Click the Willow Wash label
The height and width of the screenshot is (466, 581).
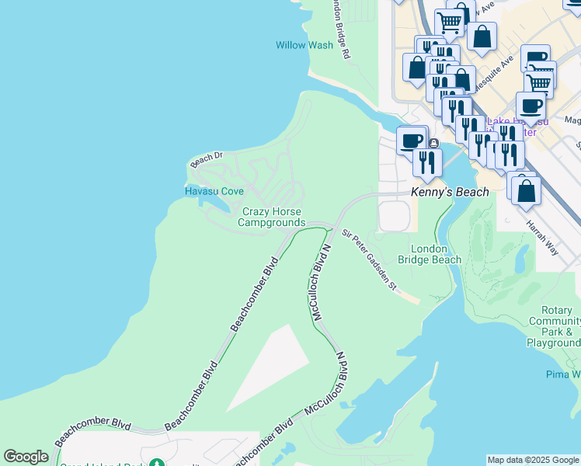(x=304, y=45)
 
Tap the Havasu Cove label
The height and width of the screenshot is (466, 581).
(x=214, y=191)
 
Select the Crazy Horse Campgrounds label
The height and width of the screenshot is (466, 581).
(x=271, y=217)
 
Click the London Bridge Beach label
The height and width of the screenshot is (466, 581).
(x=430, y=254)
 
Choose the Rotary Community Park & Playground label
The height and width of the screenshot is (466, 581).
(x=554, y=326)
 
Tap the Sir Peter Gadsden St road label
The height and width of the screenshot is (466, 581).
(x=370, y=260)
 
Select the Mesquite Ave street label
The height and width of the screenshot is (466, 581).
(x=495, y=71)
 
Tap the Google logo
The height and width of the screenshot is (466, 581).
(x=26, y=457)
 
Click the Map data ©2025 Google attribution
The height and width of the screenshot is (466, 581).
(x=533, y=460)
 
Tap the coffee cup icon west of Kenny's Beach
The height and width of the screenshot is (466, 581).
(x=412, y=141)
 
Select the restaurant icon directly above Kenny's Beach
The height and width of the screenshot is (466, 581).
(x=427, y=162)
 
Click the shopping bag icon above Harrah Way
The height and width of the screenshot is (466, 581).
(x=526, y=190)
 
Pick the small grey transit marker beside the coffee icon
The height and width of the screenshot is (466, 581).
(x=433, y=143)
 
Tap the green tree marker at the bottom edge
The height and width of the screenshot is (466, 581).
(x=158, y=463)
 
